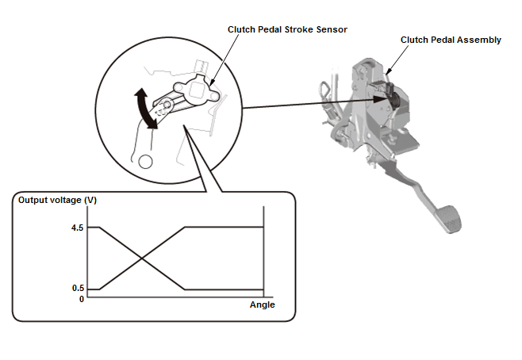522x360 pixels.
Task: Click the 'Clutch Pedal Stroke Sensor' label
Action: [x=288, y=29]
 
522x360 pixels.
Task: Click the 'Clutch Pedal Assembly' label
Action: [x=451, y=40]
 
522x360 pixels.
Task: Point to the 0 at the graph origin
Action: [x=81, y=299]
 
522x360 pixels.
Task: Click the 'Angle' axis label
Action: [x=262, y=305]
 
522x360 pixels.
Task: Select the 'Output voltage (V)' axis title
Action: [x=57, y=200]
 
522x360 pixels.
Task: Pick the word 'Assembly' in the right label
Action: [x=478, y=40]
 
